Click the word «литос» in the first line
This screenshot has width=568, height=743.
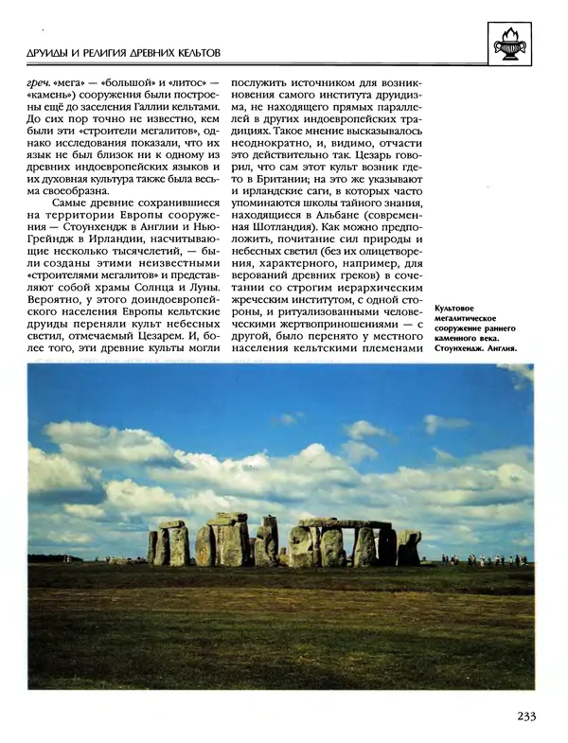(184, 82)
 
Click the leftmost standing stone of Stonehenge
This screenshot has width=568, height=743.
(152, 547)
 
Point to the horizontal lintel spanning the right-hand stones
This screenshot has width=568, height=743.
(346, 523)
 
